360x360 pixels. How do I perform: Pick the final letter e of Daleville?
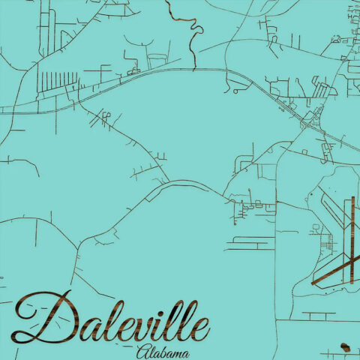(x=201, y=328)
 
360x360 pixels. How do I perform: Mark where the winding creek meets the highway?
(x=195, y=70)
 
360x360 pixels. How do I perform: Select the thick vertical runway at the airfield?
(x=349, y=232)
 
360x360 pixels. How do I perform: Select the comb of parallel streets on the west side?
(x=56, y=81)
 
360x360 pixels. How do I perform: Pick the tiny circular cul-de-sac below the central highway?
(x=236, y=90)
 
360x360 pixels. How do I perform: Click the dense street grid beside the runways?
(x=326, y=244)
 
